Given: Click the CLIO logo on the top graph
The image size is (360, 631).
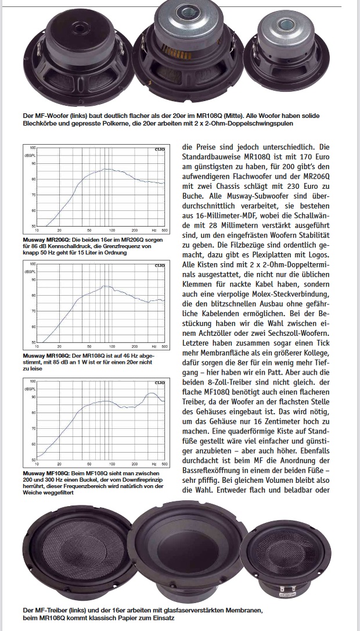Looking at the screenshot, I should (159, 150).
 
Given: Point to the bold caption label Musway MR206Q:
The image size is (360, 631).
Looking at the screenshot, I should (46, 239).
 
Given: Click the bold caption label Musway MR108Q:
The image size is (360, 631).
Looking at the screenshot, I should (46, 354).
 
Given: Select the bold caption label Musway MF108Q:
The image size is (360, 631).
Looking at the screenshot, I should (46, 473).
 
